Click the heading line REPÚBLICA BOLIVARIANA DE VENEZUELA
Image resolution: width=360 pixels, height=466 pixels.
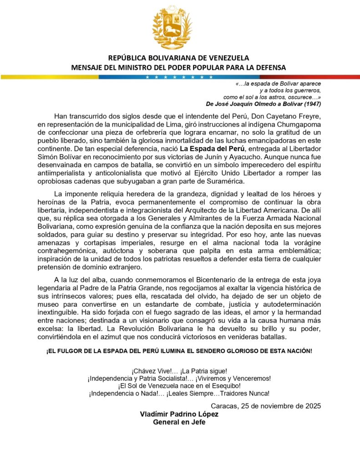tap(179, 58)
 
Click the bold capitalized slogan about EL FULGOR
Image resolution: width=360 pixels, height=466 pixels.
tap(179, 352)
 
